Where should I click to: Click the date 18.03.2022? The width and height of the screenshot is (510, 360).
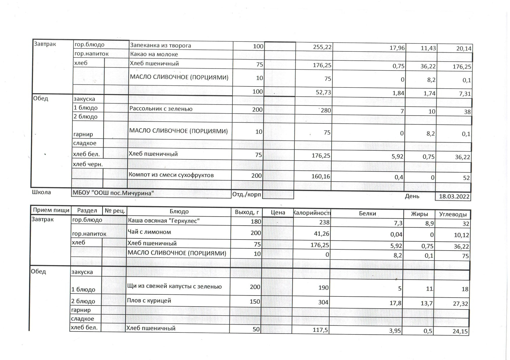pyautogui.click(x=454, y=196)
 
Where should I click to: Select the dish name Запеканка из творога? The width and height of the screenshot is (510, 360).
pyautogui.click(x=160, y=46)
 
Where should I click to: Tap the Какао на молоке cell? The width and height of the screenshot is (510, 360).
pyautogui.click(x=154, y=54)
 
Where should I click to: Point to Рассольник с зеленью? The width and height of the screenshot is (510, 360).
pyautogui.click(x=161, y=109)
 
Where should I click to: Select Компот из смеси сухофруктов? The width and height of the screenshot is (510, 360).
pyautogui.click(x=171, y=175)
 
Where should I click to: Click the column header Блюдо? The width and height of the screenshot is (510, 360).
pyautogui.click(x=179, y=212)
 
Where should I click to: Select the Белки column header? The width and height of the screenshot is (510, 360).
pyautogui.click(x=367, y=214)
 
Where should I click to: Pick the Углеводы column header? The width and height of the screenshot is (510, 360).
pyautogui.click(x=453, y=215)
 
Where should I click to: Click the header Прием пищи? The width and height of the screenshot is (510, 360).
pyautogui.click(x=51, y=210)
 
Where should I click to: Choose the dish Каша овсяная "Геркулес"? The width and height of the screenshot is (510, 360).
pyautogui.click(x=164, y=221)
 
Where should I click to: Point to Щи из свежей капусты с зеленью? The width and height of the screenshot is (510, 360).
pyautogui.click(x=174, y=287)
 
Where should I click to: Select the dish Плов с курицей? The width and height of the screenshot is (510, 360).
pyautogui.click(x=145, y=301)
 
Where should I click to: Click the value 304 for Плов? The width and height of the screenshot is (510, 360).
pyautogui.click(x=323, y=303)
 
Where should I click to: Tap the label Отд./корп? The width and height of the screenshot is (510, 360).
pyautogui.click(x=247, y=194)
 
